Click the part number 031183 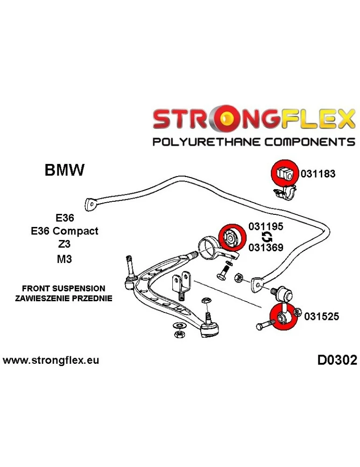[x=318, y=174]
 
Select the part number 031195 [x=266, y=227]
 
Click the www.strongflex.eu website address [x=51, y=361]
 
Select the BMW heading [x=64, y=170]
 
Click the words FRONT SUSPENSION [x=64, y=289]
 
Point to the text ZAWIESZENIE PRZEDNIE [x=64, y=298]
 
